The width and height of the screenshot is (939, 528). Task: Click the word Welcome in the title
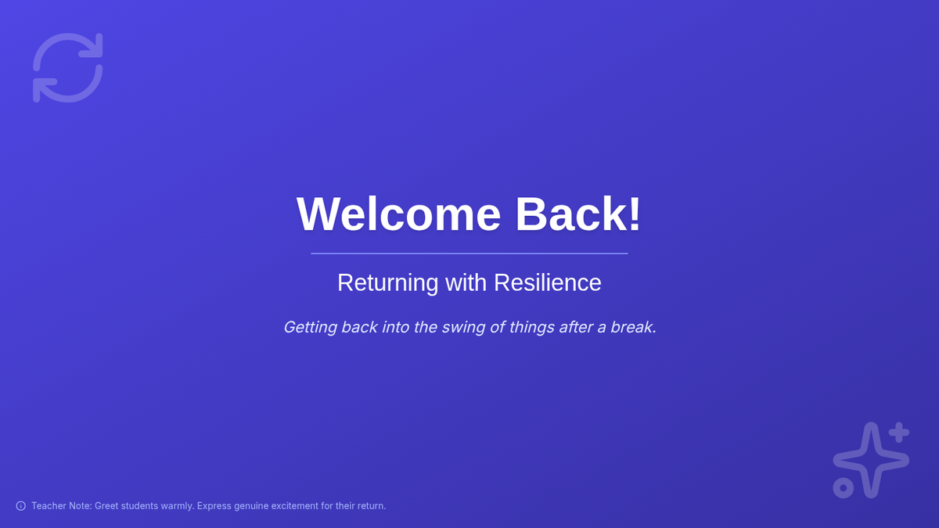tap(398, 214)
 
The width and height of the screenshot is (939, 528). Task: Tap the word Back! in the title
tap(578, 214)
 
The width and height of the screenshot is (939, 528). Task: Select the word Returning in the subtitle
tap(388, 283)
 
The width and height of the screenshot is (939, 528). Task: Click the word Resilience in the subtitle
tap(548, 282)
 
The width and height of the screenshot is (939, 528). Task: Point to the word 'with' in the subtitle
tap(466, 282)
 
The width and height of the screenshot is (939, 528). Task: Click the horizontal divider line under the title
tap(469, 253)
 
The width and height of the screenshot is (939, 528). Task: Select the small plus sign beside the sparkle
tap(899, 433)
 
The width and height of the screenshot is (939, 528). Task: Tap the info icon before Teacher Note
tap(21, 506)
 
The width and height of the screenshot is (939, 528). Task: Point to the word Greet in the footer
tap(106, 506)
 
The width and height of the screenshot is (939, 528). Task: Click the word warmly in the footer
tap(178, 506)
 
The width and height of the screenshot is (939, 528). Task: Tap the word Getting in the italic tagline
tap(310, 327)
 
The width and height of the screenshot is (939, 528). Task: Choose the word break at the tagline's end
tap(633, 327)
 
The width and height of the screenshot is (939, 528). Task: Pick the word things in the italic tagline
tap(531, 327)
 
